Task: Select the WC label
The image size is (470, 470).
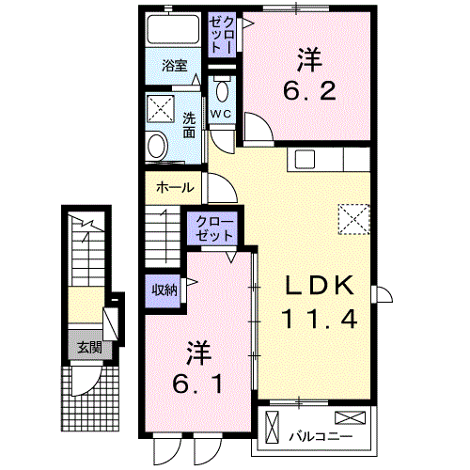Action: (221, 114)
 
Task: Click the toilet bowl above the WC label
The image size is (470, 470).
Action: (222, 91)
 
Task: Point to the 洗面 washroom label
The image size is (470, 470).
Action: (190, 125)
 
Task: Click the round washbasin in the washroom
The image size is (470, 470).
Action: (158, 146)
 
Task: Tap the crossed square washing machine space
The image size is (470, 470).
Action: (160, 106)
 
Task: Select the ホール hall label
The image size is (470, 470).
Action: (175, 187)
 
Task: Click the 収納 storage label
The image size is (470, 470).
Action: (165, 290)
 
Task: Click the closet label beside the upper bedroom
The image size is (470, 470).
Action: (222, 33)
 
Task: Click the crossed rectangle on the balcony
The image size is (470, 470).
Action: (347, 417)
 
